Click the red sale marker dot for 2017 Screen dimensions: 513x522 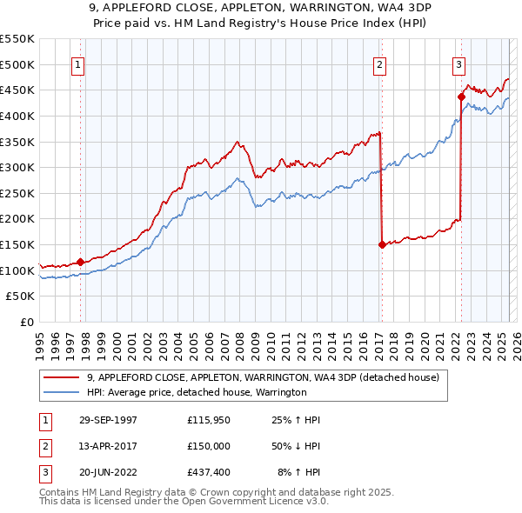pos(382,244)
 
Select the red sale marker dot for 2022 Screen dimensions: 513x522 pos(460,97)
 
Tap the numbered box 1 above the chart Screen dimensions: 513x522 pos(78,63)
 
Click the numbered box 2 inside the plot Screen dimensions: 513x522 pos(380,63)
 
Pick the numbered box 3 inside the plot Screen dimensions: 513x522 pos(458,63)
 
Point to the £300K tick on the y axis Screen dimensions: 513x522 pos(17,167)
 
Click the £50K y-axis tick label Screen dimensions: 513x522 pos(20,296)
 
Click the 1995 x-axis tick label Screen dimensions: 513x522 pos(40,338)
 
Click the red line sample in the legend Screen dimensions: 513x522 pos(62,377)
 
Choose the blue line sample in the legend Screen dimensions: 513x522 pos(62,392)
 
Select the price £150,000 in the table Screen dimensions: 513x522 pos(210,446)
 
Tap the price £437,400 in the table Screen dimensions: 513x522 pos(210,473)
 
